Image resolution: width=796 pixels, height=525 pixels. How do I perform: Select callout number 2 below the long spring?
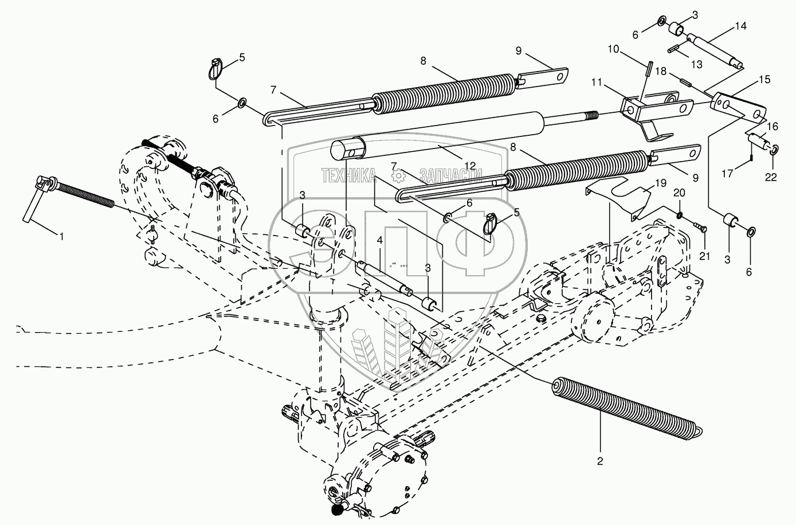[600, 460]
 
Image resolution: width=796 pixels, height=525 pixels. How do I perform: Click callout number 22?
[771, 178]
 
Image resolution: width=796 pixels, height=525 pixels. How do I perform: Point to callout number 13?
[696, 65]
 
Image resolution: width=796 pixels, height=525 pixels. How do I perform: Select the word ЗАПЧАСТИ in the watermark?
[450, 175]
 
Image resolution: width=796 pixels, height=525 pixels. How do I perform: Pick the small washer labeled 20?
[679, 216]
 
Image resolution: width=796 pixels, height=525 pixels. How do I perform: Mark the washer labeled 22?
[773, 150]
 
